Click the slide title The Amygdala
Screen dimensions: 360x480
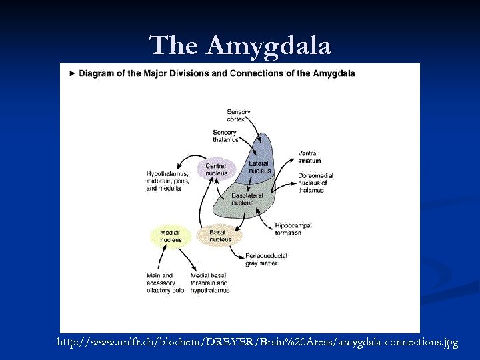240,45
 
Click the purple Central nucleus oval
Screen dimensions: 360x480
216,169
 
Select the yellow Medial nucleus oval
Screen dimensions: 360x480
171,236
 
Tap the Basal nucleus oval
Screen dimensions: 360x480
220,236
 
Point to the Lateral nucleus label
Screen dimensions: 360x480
260,167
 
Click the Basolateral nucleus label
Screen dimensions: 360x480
247,199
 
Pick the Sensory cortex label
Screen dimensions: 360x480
239,115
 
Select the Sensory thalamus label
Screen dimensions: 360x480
225,136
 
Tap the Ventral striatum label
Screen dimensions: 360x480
309,157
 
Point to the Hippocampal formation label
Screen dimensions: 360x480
293,229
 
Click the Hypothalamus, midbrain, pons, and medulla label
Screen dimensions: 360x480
167,181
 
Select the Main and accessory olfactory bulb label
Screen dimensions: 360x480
165,283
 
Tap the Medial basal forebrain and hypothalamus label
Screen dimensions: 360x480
211,283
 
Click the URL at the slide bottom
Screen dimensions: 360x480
257,342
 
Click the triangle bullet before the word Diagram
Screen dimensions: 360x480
72,73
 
